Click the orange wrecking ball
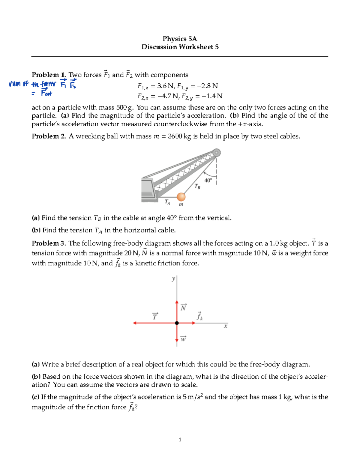point(181,197)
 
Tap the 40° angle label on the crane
point(208,180)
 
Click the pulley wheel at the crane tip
point(216,153)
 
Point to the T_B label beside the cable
point(197,187)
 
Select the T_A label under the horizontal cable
point(167,202)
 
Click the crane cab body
point(148,190)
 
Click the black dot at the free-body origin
point(177,323)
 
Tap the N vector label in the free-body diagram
point(183,308)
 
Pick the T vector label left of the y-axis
point(155,316)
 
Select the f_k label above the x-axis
point(199,316)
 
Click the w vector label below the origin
point(183,339)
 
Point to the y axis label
point(173,279)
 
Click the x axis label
point(226,326)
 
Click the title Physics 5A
point(180,39)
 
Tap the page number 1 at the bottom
point(180,440)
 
